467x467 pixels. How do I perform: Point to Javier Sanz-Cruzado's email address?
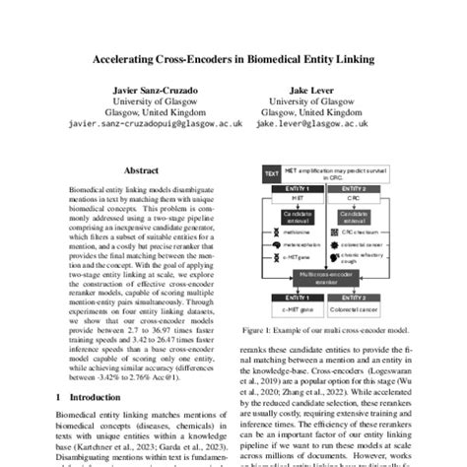coord(145,125)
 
